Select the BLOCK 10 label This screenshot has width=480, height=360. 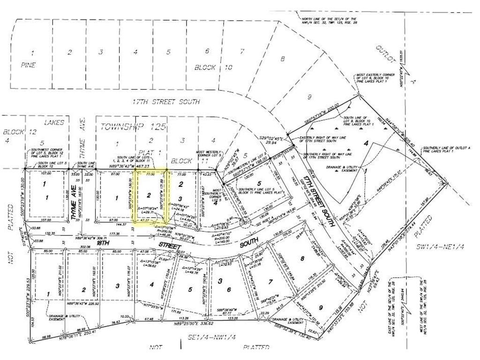click(x=214, y=67)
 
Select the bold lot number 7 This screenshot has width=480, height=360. click(x=270, y=281)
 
